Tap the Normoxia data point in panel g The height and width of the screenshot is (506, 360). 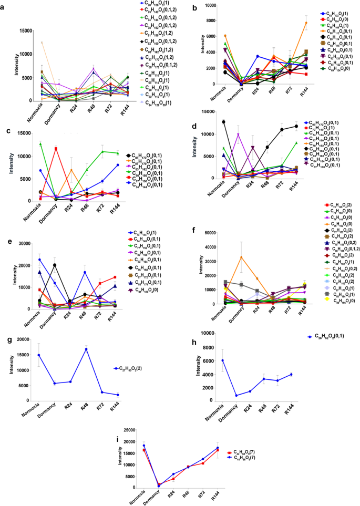[39, 355]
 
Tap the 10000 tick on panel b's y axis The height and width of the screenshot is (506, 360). [207, 5]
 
